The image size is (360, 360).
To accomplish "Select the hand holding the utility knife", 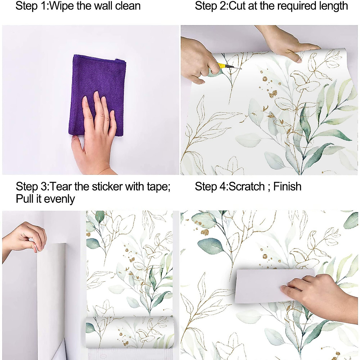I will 198,66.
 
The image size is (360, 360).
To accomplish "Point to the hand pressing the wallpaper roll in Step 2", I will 288,45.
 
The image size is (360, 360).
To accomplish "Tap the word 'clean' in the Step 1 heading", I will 127,6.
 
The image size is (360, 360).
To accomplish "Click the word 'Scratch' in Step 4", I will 247,187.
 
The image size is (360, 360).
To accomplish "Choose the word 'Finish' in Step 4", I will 287,187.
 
